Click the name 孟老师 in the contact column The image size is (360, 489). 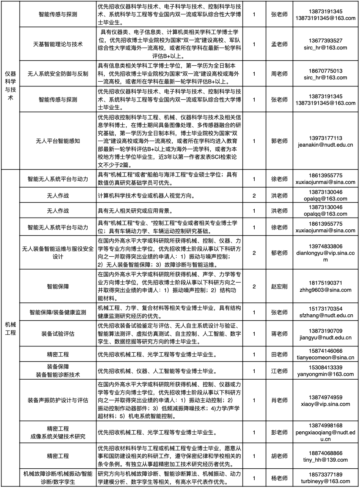[x=279, y=44]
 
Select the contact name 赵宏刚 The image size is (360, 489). [x=279, y=287]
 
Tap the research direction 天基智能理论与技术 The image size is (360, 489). [x=58, y=44]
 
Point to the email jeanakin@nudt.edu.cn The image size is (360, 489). [x=326, y=145]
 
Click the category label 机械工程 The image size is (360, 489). [x=10, y=328]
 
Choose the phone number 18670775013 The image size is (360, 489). [x=326, y=71]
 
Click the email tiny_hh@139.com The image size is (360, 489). [x=326, y=460]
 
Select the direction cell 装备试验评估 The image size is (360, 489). [x=58, y=334]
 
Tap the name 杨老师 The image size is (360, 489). [x=279, y=478]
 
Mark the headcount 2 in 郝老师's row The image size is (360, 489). [x=254, y=253]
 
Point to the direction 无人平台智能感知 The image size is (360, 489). [x=58, y=141]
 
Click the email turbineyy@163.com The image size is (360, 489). [x=326, y=481]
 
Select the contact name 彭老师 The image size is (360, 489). [x=279, y=432]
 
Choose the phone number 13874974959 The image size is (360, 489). [x=326, y=397]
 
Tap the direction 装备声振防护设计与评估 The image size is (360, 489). [x=58, y=400]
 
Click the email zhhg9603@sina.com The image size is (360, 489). [x=326, y=290]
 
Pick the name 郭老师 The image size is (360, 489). [x=279, y=141]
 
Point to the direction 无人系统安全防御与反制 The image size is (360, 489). [x=58, y=74]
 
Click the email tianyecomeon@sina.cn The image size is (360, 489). [x=326, y=358]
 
